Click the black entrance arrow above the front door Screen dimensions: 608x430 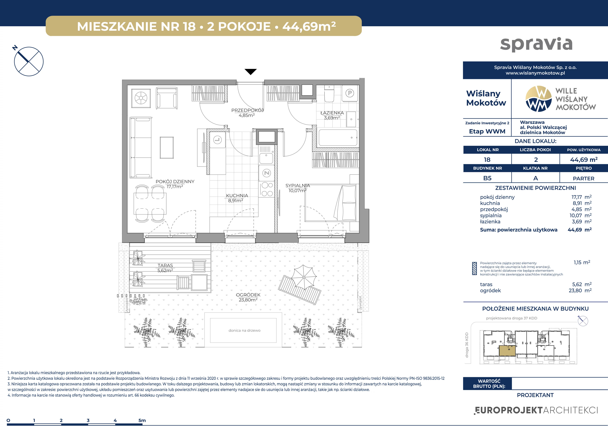click(250, 72)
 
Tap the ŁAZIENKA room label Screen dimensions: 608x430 click(332, 113)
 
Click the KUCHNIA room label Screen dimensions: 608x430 click(237, 196)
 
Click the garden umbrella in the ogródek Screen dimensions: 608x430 click(304, 277)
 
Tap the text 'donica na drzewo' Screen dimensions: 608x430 click(244, 330)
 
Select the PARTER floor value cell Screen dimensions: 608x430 click(584, 178)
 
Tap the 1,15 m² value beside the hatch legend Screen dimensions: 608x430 click(582, 262)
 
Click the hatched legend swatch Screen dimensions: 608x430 click(475, 269)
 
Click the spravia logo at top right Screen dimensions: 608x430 click(536, 44)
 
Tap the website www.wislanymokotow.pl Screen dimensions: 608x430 click(535, 73)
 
